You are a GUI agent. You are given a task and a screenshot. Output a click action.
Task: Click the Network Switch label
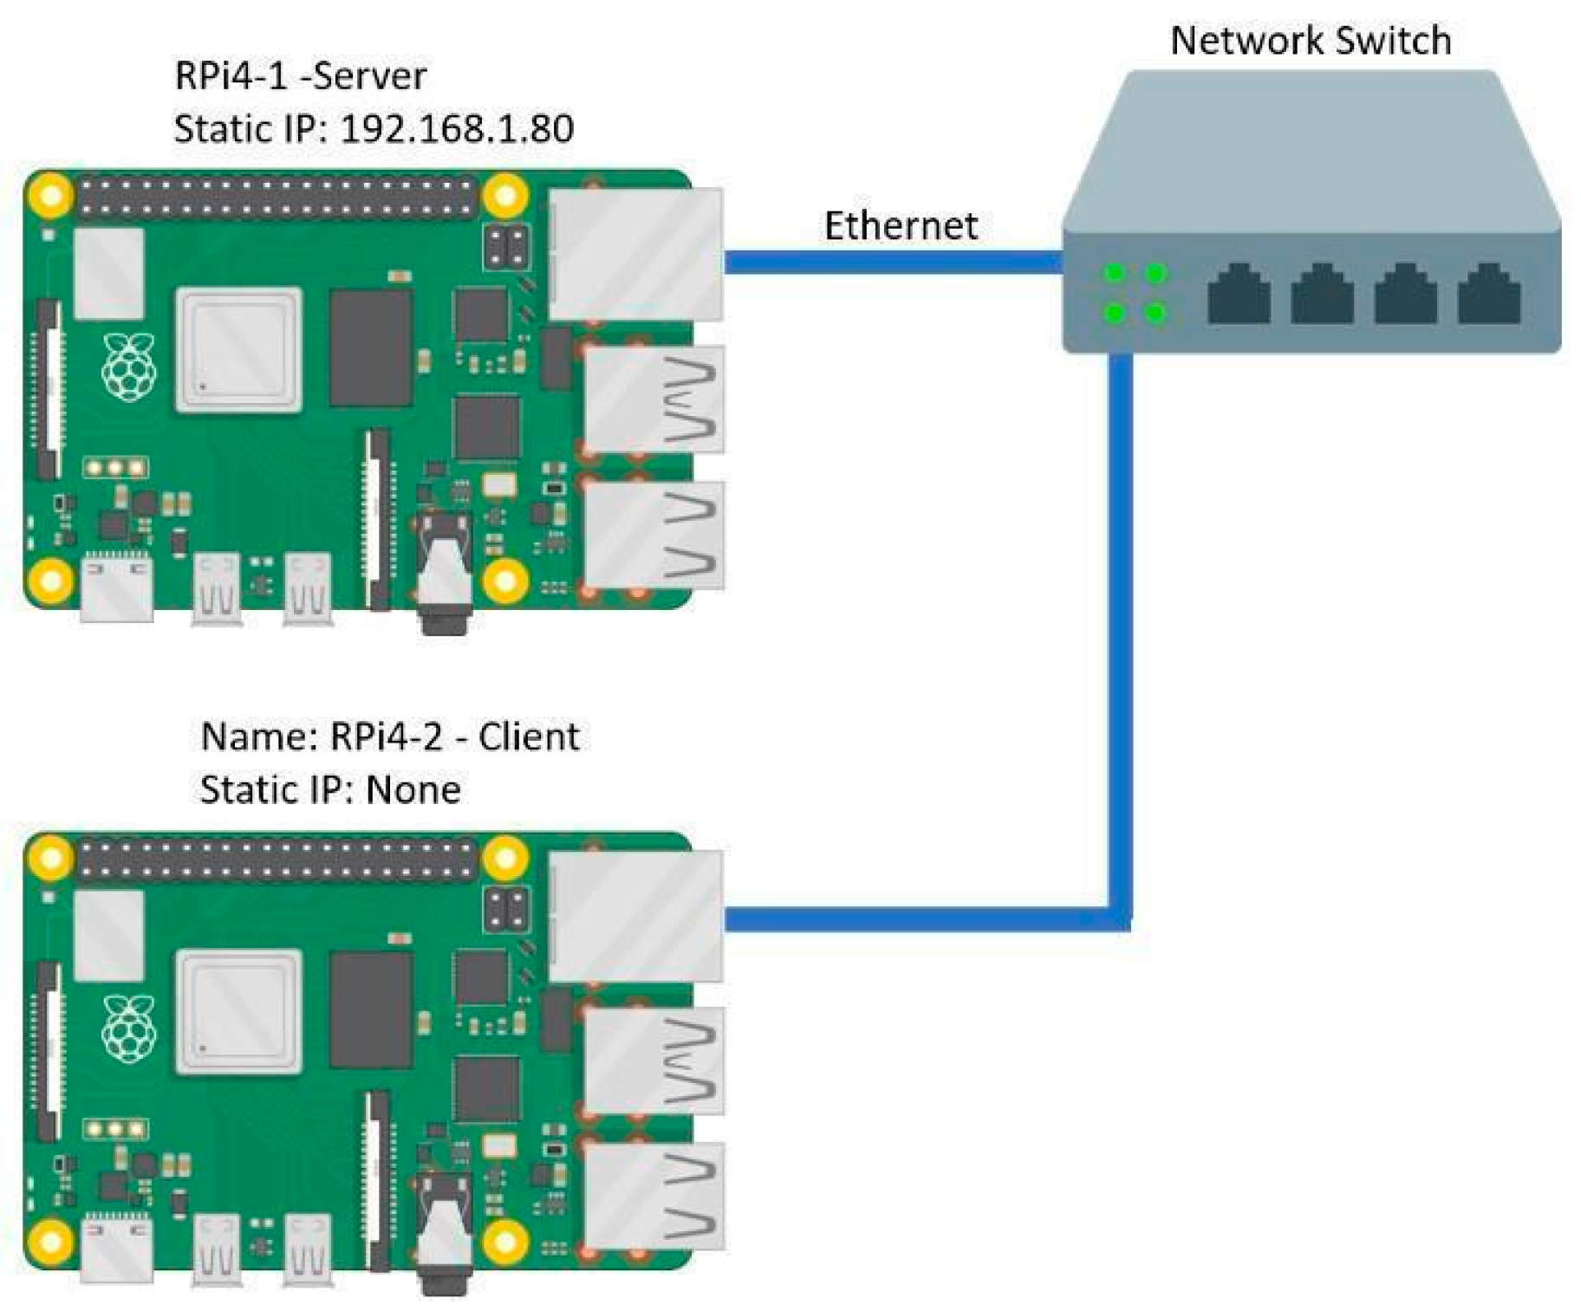(x=1310, y=40)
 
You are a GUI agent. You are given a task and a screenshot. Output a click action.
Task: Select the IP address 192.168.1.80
(x=457, y=129)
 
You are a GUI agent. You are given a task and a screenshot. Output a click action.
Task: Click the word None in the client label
(x=413, y=789)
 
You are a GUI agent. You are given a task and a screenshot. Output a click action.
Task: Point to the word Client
(x=528, y=737)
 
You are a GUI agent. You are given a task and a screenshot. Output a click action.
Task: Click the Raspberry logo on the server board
(x=129, y=367)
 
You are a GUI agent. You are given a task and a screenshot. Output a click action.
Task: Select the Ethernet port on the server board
(x=635, y=254)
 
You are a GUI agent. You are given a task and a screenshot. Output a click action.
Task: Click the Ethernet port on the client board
(x=635, y=915)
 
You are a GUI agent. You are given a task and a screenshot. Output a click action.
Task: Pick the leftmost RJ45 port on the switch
(x=1238, y=295)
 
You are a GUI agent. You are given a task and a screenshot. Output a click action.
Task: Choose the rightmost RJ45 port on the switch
(x=1488, y=295)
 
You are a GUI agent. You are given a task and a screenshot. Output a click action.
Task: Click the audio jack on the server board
(x=444, y=576)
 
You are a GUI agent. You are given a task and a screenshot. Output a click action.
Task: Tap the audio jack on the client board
(x=444, y=1237)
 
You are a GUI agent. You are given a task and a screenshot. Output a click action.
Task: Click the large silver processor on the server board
(x=238, y=350)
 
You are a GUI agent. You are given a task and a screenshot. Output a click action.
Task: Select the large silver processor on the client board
(x=238, y=1011)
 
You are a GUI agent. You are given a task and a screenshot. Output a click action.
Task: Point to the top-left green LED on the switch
(x=1115, y=275)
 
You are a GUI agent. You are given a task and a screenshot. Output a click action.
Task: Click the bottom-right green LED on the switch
(x=1155, y=312)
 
